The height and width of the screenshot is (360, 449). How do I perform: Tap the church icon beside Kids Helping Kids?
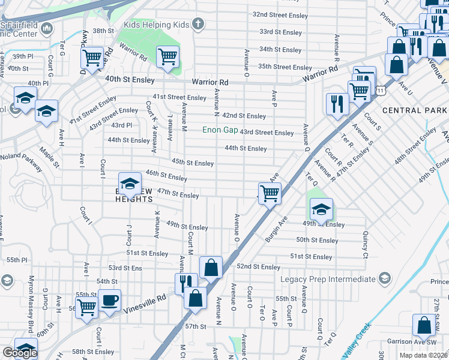click(x=198, y=25)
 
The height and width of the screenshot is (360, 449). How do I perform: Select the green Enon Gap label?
click(x=219, y=130)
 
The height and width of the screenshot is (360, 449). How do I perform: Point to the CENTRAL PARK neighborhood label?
click(x=414, y=110)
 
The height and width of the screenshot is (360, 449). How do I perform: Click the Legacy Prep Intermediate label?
click(x=327, y=280)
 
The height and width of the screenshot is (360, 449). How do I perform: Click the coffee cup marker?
click(x=109, y=300)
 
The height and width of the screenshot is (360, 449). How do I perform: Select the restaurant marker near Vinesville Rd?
click(x=185, y=283)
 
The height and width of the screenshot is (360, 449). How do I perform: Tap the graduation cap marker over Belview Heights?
click(x=129, y=185)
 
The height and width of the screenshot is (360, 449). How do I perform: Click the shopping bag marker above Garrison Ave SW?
click(x=424, y=325)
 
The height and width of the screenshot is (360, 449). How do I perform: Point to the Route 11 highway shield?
click(x=381, y=90)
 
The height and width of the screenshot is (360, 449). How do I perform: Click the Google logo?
click(x=19, y=353)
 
